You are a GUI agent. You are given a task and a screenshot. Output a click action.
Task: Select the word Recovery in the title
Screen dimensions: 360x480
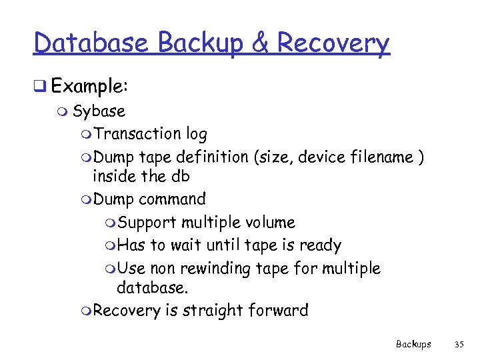333,44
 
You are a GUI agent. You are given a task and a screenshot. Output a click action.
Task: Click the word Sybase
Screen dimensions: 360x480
99,111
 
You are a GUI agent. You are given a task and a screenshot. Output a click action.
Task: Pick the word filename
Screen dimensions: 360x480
380,157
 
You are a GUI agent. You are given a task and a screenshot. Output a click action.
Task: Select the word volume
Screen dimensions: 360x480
269,222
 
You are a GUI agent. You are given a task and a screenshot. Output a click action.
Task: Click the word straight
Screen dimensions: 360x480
217,310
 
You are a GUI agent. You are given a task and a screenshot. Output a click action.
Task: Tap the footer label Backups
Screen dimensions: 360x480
413,344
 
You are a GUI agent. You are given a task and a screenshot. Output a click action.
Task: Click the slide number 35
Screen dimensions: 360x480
458,344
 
